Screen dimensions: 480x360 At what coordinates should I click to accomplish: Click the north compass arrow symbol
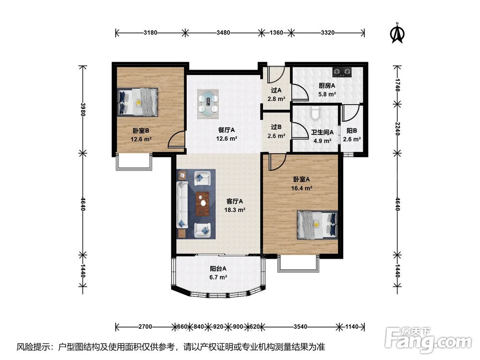397,33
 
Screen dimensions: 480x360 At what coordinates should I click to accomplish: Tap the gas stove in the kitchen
342,72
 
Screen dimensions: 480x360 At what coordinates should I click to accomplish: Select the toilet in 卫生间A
315,113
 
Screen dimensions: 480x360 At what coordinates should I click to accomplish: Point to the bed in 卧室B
137,102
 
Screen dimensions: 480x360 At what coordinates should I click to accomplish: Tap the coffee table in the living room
203,203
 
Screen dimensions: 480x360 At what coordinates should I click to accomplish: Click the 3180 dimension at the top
150,33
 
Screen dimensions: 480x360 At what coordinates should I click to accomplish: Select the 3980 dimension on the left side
83,109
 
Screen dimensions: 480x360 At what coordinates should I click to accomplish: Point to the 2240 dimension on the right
397,129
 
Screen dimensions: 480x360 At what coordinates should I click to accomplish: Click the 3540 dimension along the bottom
300,326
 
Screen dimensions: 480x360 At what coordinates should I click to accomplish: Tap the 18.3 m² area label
235,210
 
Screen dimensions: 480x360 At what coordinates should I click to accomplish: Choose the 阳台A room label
218,269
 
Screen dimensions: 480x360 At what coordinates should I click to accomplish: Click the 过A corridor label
276,90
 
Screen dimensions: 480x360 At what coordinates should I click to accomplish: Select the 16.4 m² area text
301,188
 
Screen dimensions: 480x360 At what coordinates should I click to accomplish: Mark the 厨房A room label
326,86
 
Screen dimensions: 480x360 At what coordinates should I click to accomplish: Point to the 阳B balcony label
352,131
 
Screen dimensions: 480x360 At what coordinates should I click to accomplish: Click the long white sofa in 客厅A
182,204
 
